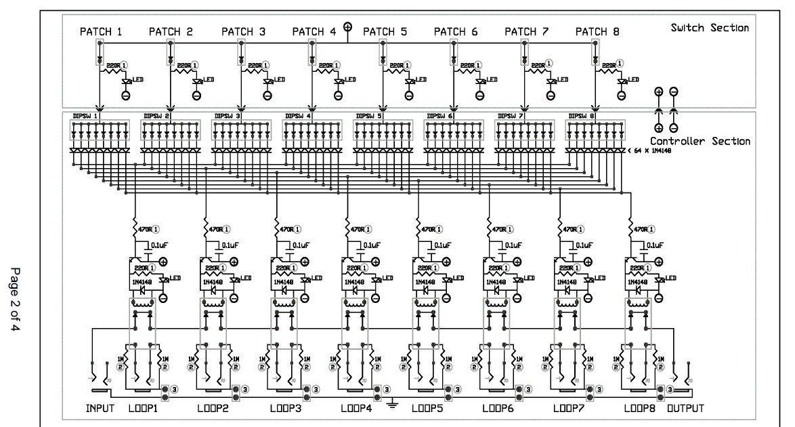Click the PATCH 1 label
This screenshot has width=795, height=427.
click(x=101, y=31)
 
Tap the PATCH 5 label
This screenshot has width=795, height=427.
click(x=384, y=31)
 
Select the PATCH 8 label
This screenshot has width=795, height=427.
click(x=597, y=31)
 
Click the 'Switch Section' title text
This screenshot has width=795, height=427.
click(x=709, y=28)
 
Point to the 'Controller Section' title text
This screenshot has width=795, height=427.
click(x=700, y=141)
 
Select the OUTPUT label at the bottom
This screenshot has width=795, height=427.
click(x=685, y=409)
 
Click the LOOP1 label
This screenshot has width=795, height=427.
click(x=144, y=409)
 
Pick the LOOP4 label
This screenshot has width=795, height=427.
click(x=356, y=409)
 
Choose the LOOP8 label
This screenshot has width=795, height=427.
click(x=641, y=409)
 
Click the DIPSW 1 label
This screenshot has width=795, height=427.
click(x=86, y=116)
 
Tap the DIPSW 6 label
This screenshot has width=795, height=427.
click(x=439, y=116)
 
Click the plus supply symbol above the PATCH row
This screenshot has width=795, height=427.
click(x=348, y=27)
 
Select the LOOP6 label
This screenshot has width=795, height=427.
click(x=498, y=409)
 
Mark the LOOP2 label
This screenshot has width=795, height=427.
click(x=215, y=409)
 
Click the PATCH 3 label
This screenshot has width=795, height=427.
click(x=242, y=31)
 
